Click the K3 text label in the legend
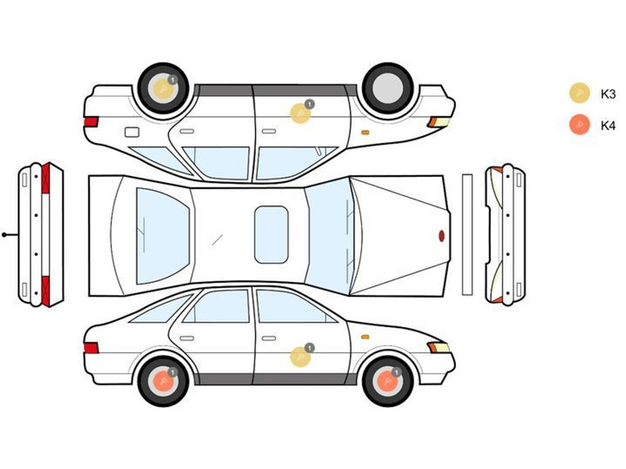pyautogui.click(x=608, y=94)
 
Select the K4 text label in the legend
pyautogui.click(x=608, y=126)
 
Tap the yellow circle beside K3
pyautogui.click(x=580, y=93)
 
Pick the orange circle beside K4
pyautogui.click(x=580, y=125)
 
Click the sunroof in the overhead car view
pyautogui.click(x=271, y=235)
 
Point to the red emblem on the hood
pyautogui.click(x=441, y=236)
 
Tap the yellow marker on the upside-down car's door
pyautogui.click(x=300, y=113)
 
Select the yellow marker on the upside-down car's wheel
pyautogui.click(x=163, y=89)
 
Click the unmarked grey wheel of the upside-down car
pyautogui.click(x=388, y=88)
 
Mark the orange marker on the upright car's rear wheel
pyautogui.click(x=163, y=382)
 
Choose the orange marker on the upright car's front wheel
pyautogui.click(x=387, y=382)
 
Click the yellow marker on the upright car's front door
pyautogui.click(x=300, y=357)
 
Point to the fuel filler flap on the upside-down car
pyautogui.click(x=132, y=132)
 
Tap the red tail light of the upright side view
pyautogui.click(x=91, y=348)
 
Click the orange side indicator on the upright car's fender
pyautogui.click(x=365, y=337)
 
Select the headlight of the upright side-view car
pyautogui.click(x=438, y=347)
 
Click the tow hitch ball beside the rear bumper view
pyautogui.click(x=4, y=235)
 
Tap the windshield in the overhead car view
pyautogui.click(x=330, y=236)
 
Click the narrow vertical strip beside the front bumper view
pyautogui.click(x=467, y=234)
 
